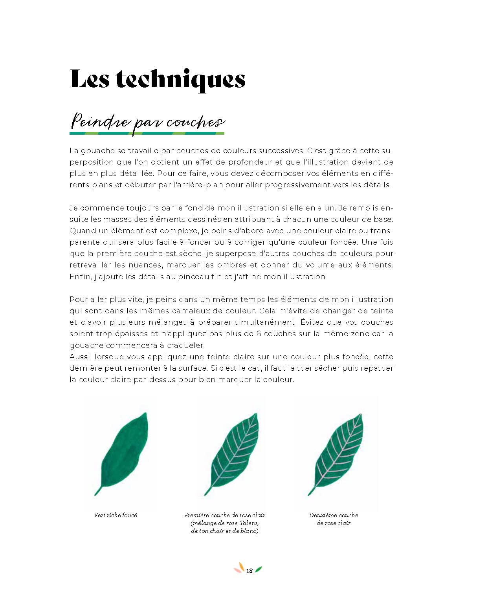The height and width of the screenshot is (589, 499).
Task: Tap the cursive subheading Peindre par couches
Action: (x=147, y=121)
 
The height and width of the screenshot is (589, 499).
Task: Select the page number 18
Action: (x=249, y=571)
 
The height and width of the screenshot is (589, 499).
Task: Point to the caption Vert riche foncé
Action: (x=116, y=515)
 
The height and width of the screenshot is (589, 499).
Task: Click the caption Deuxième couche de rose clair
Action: (x=334, y=519)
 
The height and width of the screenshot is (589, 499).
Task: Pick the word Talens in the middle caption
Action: (x=249, y=523)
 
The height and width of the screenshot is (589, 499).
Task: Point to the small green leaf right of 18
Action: (x=259, y=569)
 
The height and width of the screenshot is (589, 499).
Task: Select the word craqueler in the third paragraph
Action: (x=185, y=346)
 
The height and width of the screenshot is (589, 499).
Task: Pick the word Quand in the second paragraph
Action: (x=83, y=231)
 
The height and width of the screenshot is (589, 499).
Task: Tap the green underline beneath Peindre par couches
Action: (x=147, y=134)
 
